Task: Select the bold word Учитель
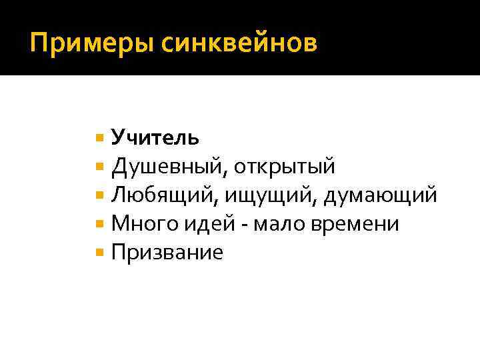(x=155, y=137)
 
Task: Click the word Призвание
(x=167, y=253)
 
